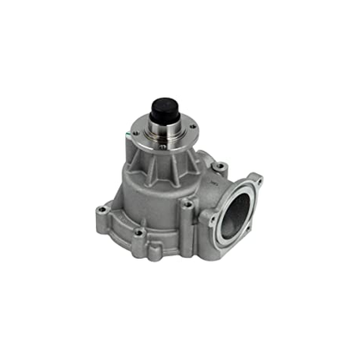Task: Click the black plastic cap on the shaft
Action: click(165, 109)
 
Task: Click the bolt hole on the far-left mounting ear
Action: click(103, 207)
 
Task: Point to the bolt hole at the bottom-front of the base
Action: click(139, 232)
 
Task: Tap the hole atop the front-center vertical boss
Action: click(184, 203)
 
